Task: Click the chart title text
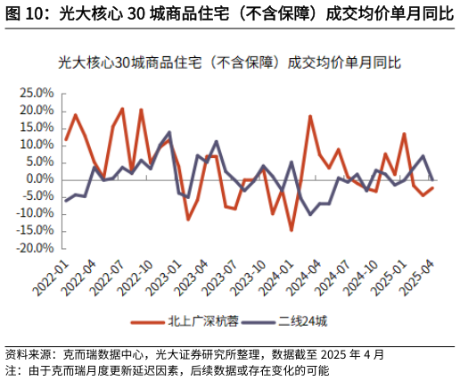pos(229,63)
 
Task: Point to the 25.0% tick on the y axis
pos(37,93)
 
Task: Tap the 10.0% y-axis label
pos(37,145)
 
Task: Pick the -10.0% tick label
pos(36,214)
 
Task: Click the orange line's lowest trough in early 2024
pos(292,230)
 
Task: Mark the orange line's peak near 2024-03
pos(310,116)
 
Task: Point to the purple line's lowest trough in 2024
pos(310,214)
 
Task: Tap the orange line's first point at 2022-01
pos(65,140)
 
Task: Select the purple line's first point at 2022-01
pos(65,201)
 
